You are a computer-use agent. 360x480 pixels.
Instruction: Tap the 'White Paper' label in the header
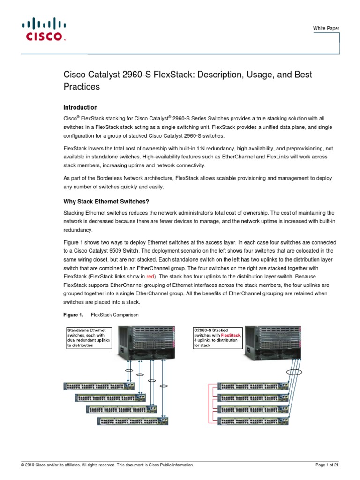click(326, 29)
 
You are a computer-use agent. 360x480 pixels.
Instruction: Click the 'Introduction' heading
click(80, 107)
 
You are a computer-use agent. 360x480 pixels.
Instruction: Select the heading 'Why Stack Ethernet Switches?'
click(106, 202)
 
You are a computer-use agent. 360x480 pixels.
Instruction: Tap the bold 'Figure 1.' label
click(73, 314)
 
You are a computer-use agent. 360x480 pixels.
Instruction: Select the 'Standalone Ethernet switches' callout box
click(88, 337)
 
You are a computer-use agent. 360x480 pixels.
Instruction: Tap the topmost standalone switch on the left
click(99, 386)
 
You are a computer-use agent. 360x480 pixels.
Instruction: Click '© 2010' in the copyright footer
click(26, 465)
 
